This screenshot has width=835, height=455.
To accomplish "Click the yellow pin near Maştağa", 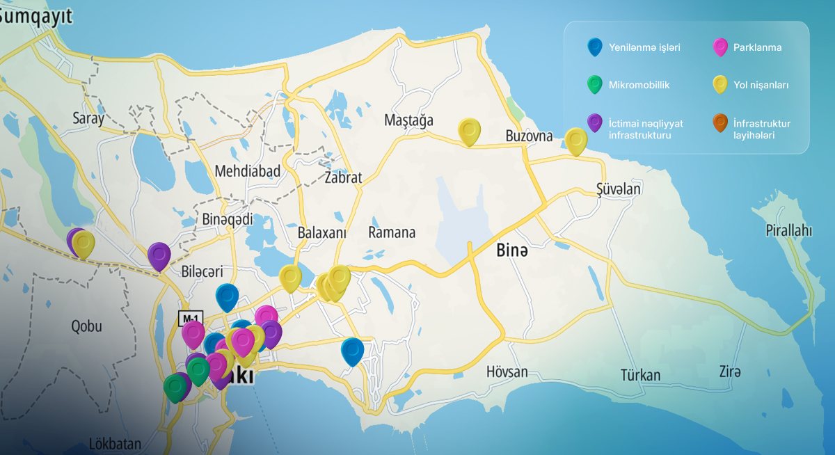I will [470, 131].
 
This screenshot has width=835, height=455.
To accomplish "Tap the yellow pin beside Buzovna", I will [576, 140].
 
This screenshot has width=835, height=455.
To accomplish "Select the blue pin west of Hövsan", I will [353, 350].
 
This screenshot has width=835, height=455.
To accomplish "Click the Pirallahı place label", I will [788, 230].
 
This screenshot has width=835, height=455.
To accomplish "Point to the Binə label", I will [511, 251].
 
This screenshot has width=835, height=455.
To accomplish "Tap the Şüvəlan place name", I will [618, 189].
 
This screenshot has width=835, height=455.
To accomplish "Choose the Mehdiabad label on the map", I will [247, 171].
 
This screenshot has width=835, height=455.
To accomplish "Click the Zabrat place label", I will [343, 177].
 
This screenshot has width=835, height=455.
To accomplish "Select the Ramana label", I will [392, 232].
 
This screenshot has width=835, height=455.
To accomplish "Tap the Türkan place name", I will [640, 376].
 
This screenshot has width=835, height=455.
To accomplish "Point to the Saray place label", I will [88, 118].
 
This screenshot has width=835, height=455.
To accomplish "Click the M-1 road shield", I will [191, 319].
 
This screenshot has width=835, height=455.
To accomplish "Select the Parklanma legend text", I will [757, 48].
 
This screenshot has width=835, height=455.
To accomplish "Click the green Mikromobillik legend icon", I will [594, 84].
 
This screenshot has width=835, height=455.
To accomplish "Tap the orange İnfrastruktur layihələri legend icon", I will [720, 122].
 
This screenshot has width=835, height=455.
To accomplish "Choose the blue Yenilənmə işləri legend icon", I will [594, 47].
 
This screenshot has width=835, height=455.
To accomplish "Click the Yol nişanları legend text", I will [761, 85].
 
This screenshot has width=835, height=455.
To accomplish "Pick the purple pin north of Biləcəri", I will [159, 255].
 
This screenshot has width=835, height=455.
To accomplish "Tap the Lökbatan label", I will [115, 444].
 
